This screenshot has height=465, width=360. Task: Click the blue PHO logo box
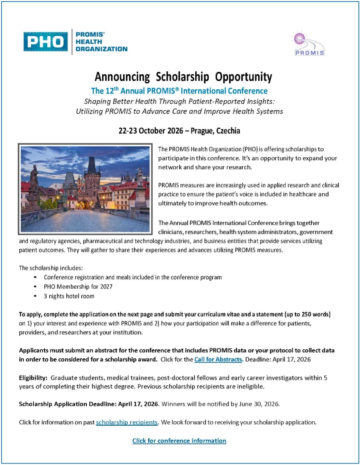45,42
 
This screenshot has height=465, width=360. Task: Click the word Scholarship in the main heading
182,77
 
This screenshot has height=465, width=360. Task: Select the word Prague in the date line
202,131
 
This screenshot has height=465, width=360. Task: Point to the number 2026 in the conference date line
175,131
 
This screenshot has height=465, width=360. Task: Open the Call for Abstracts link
219,359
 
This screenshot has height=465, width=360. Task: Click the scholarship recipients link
127,422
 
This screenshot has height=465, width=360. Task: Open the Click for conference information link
179,441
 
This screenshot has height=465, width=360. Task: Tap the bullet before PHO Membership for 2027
35,287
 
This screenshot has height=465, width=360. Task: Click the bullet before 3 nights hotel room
35,296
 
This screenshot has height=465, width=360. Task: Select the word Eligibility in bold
33,378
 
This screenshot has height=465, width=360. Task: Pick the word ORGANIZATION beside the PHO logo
101,49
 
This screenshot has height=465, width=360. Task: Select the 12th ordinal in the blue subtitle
112,91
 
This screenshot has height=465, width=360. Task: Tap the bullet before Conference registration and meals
35,277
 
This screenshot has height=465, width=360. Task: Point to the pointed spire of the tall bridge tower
92,163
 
